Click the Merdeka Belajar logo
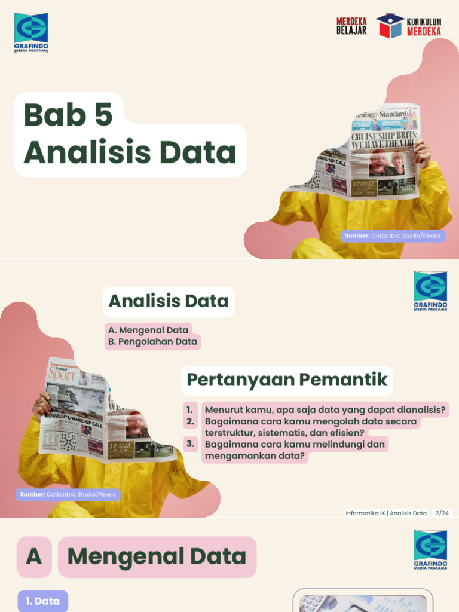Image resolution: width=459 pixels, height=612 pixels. [351, 26]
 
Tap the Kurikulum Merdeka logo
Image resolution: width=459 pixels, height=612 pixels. [409, 26]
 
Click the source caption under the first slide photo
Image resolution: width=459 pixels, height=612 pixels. [393, 236]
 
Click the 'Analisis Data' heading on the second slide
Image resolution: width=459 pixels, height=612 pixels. [169, 301]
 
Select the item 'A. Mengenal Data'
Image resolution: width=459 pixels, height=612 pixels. [148, 330]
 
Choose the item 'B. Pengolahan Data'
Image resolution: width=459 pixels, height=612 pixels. [152, 342]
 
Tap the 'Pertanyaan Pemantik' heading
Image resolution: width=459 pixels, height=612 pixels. [287, 380]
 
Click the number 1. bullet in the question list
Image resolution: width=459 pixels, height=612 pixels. [189, 410]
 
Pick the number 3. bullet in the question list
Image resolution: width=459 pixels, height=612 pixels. [191, 444]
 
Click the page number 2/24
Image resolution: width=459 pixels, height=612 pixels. [442, 513]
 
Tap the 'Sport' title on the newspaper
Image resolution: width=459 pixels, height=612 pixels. [63, 375]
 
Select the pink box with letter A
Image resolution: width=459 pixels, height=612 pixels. [34, 556]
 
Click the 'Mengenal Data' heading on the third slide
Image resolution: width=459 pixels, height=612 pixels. [157, 556]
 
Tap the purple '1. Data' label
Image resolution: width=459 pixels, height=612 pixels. [43, 601]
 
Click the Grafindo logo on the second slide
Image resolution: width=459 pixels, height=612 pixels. [430, 291]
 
